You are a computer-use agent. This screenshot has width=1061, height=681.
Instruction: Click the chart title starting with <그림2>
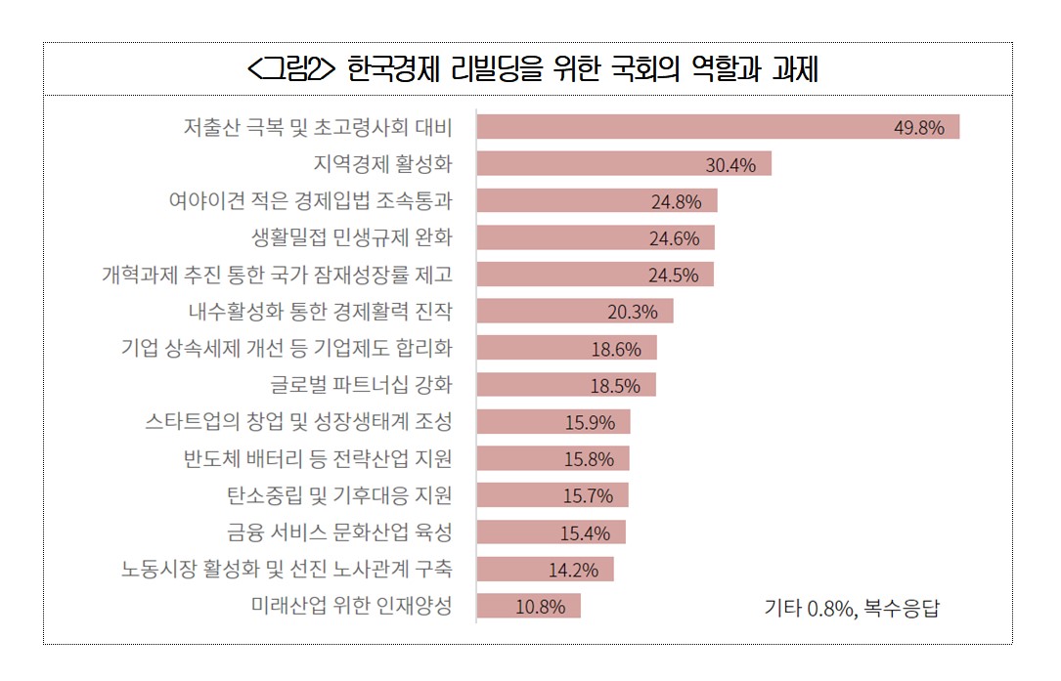(532, 70)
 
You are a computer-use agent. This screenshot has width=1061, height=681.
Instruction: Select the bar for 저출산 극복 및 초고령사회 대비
(717, 127)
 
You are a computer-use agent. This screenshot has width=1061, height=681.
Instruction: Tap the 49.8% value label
(918, 128)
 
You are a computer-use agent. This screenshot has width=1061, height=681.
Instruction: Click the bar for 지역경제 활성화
(623, 164)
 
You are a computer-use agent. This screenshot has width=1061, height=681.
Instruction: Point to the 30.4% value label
(730, 165)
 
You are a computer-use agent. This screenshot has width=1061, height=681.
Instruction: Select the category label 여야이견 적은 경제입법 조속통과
(310, 200)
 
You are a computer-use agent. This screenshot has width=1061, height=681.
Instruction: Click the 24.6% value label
(675, 238)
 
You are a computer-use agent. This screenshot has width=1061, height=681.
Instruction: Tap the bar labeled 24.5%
(595, 275)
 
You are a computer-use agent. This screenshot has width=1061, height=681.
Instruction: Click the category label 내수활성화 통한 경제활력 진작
(320, 311)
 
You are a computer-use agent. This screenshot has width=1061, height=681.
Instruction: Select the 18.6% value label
(616, 349)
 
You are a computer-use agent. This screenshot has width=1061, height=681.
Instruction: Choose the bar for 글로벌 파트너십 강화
(565, 385)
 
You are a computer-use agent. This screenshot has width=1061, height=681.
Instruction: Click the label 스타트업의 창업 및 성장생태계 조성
(298, 422)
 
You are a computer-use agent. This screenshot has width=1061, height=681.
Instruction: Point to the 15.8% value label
(589, 459)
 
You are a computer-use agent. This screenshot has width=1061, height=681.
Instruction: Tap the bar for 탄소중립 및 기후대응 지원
(552, 495)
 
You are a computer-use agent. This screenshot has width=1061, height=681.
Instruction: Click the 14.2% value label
(573, 570)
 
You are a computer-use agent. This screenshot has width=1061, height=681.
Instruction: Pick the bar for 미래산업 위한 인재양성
(528, 606)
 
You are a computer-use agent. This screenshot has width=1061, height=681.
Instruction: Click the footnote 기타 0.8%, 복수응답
(851, 608)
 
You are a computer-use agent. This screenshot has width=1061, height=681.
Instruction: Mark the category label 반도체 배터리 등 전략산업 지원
(318, 458)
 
